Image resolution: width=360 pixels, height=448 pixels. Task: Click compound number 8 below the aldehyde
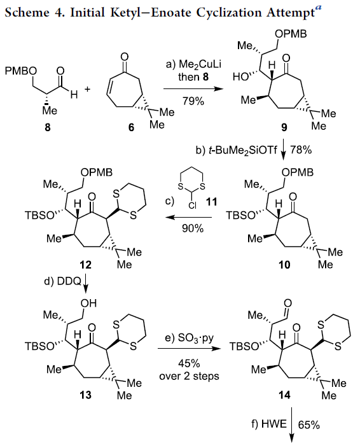pyautogui.click(x=48, y=127)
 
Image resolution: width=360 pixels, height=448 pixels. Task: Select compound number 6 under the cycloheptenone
pyautogui.click(x=131, y=127)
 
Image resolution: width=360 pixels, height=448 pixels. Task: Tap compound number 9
pyautogui.click(x=284, y=127)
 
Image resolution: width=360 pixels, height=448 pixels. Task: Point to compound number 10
pyautogui.click(x=284, y=265)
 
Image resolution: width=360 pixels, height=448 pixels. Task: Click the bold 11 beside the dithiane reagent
pyautogui.click(x=212, y=202)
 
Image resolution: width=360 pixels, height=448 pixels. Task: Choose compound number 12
pyautogui.click(x=85, y=265)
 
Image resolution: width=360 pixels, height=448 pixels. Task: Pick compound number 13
pyautogui.click(x=85, y=395)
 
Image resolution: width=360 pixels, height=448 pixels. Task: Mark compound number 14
pyautogui.click(x=284, y=395)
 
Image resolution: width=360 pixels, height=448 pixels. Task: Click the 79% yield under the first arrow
pyautogui.click(x=193, y=101)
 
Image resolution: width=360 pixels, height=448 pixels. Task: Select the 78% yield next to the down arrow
pyautogui.click(x=301, y=150)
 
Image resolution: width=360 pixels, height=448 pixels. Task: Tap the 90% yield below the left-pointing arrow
pyautogui.click(x=193, y=228)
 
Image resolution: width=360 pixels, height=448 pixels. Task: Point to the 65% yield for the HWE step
pyautogui.click(x=308, y=425)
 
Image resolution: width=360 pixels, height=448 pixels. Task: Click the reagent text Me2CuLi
pyautogui.click(x=200, y=65)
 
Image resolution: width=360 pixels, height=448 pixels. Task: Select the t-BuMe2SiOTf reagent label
pyautogui.click(x=243, y=150)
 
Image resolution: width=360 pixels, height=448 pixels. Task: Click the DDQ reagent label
pyautogui.click(x=69, y=281)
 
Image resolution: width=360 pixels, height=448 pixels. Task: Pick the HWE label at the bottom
pyautogui.click(x=273, y=424)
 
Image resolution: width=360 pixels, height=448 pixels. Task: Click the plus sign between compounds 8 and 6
pyautogui.click(x=87, y=89)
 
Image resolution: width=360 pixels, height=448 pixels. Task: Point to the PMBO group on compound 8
pyautogui.click(x=21, y=71)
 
